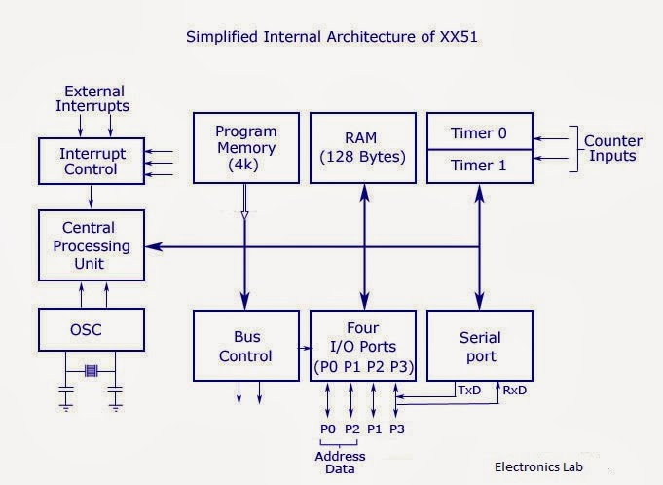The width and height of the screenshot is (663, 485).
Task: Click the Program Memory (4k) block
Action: [245, 148]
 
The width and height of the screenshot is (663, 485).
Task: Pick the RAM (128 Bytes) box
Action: [363, 148]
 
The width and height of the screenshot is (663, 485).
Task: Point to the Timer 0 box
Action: [480, 131]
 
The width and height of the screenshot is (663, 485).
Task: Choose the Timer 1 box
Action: [480, 166]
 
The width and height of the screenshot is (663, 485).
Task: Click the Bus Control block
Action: [245, 347]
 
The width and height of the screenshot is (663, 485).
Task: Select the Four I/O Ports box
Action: [363, 347]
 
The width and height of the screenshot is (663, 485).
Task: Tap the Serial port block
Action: [480, 347]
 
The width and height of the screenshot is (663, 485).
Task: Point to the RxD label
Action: [516, 390]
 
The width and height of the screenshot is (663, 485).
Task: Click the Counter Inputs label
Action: [612, 148]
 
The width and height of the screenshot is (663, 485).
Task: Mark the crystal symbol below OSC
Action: [91, 370]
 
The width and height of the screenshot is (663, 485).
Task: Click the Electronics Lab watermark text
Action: [538, 466]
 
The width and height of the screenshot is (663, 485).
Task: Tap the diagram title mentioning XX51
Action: [331, 39]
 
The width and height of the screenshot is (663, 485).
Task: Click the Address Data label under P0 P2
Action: [340, 463]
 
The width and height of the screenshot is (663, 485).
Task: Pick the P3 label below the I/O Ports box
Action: [397, 429]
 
